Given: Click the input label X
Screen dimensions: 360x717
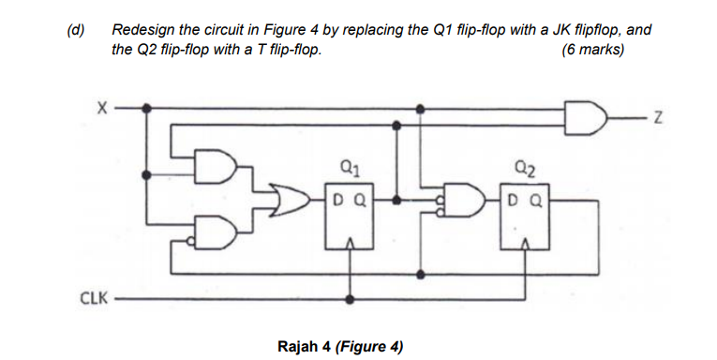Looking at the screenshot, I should [x=102, y=108].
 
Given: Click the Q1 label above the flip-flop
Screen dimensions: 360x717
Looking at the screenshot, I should [x=350, y=171].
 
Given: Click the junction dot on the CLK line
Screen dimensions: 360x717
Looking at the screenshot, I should [x=351, y=300].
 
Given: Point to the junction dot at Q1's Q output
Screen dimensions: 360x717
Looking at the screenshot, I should [x=398, y=200].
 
